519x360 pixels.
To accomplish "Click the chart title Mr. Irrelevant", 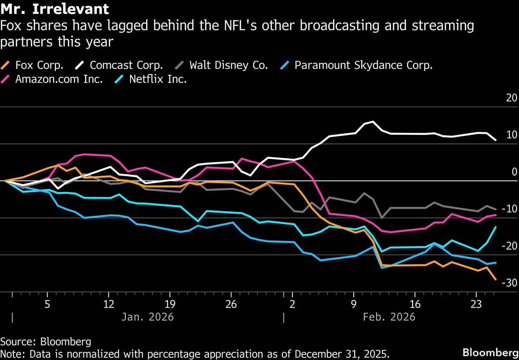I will click(x=54, y=8).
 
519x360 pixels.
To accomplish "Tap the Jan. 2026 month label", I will click(x=147, y=317).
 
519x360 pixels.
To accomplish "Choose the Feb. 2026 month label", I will click(x=389, y=317).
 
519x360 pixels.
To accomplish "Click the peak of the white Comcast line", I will click(x=373, y=122).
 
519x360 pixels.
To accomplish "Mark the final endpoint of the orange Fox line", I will click(x=495, y=280).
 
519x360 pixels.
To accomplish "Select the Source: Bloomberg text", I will click(x=45, y=342).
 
